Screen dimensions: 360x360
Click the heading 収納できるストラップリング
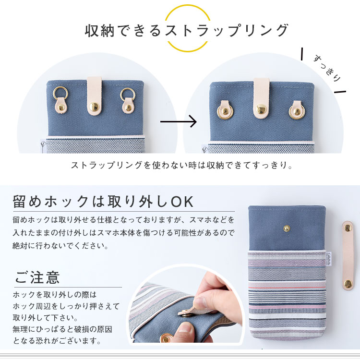(187, 30)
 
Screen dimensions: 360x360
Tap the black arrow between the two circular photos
(178, 121)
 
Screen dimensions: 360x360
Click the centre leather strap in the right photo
(261, 98)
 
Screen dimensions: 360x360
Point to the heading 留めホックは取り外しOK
(104, 201)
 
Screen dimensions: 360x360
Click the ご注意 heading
(37, 277)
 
